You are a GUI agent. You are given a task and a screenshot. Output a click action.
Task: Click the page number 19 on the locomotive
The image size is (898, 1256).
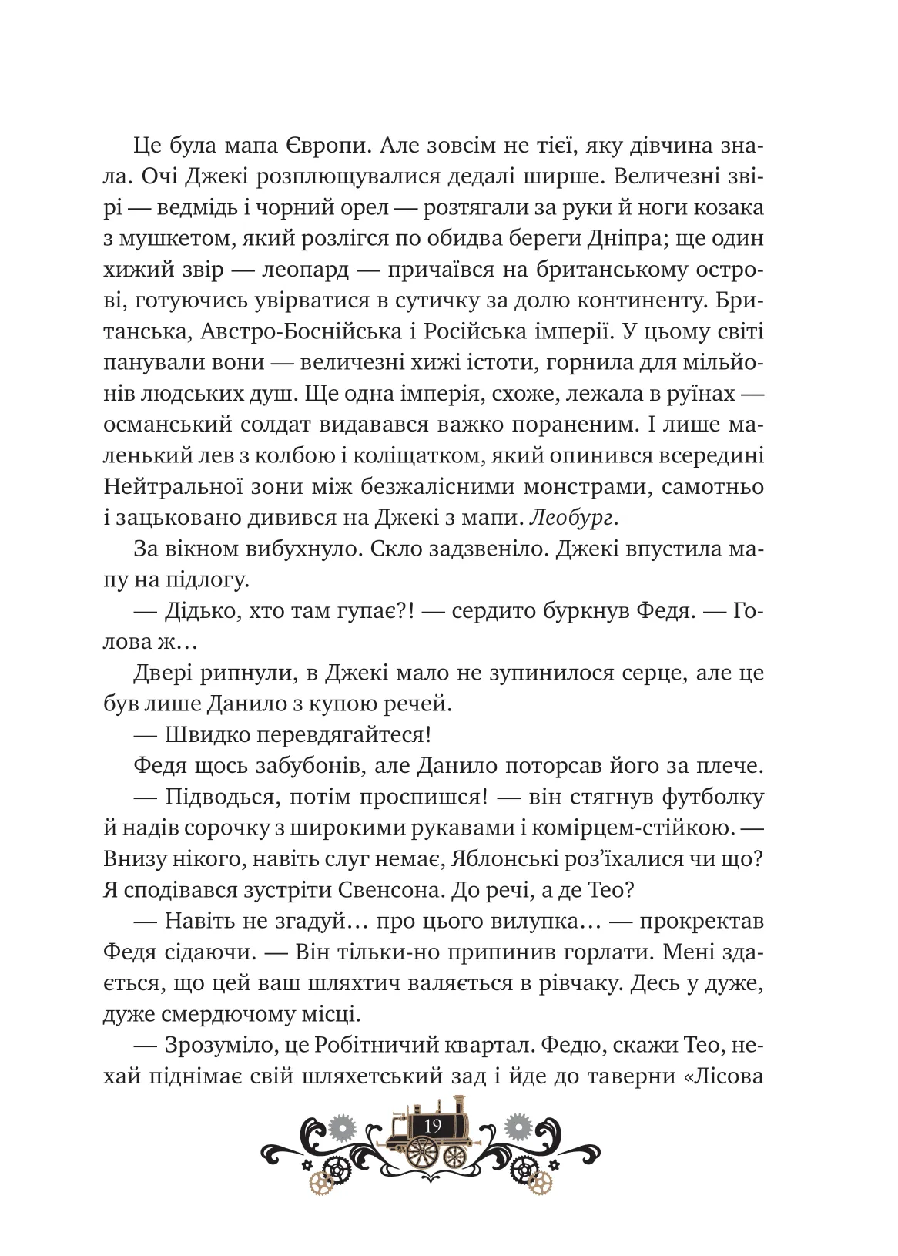click(433, 1126)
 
